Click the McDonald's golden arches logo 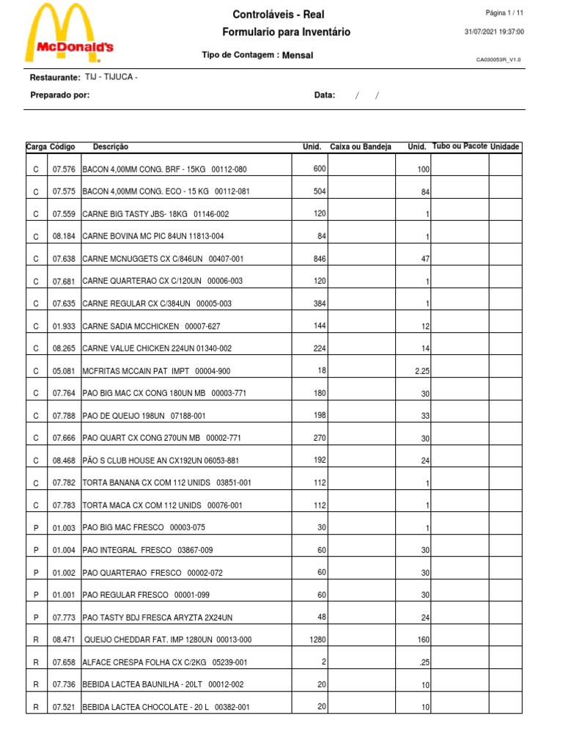pyautogui.click(x=69, y=33)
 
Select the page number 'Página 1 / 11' pyautogui.click(x=504, y=13)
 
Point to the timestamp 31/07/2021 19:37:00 pyautogui.click(x=494, y=32)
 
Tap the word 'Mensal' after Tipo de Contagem pyautogui.click(x=297, y=55)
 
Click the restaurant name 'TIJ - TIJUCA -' pyautogui.click(x=111, y=77)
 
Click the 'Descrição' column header pyautogui.click(x=110, y=147)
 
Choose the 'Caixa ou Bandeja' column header pyautogui.click(x=361, y=147)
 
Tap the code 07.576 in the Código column pyautogui.click(x=64, y=169)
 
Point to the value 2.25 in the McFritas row pyautogui.click(x=422, y=371)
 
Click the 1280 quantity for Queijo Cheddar pyautogui.click(x=317, y=640)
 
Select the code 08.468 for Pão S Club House pyautogui.click(x=64, y=461)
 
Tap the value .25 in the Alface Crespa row pyautogui.click(x=424, y=662)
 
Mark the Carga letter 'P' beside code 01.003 pyautogui.click(x=36, y=528)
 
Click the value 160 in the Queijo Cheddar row pyautogui.click(x=422, y=640)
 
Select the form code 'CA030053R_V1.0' pyautogui.click(x=498, y=60)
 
